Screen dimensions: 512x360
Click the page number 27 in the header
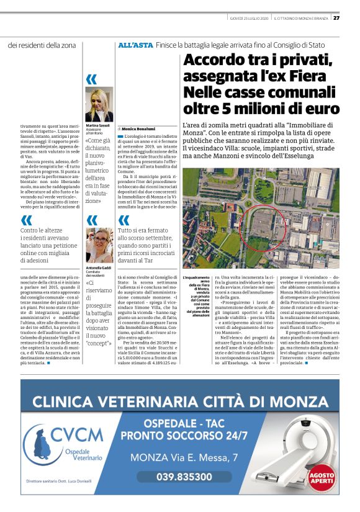pyautogui.click(x=337, y=17)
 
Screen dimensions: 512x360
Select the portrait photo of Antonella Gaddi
pyautogui.click(x=99, y=246)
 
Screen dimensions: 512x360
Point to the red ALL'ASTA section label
pyautogui.click(x=135, y=45)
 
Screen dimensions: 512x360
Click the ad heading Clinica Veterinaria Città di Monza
pyautogui.click(x=180, y=401)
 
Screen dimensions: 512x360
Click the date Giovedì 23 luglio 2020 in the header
pyautogui.click(x=247, y=17)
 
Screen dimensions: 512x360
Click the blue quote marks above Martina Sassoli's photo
pyautogui.click(x=92, y=79)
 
